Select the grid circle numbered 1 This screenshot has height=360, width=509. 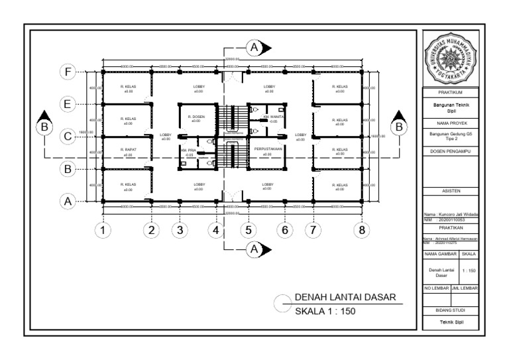tap(103, 230)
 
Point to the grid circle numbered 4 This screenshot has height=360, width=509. tap(215, 230)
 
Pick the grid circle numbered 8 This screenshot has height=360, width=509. tap(361, 230)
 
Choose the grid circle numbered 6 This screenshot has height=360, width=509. tap(284, 230)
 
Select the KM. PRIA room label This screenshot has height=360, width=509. tap(190, 152)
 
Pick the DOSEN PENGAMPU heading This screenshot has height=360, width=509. tap(450, 152)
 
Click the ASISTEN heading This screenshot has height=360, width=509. tap(450, 191)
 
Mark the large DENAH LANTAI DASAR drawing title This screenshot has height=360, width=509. tap(345, 298)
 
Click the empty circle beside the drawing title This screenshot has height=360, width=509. tap(282, 304)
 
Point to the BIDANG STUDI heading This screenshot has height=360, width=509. tap(450, 310)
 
